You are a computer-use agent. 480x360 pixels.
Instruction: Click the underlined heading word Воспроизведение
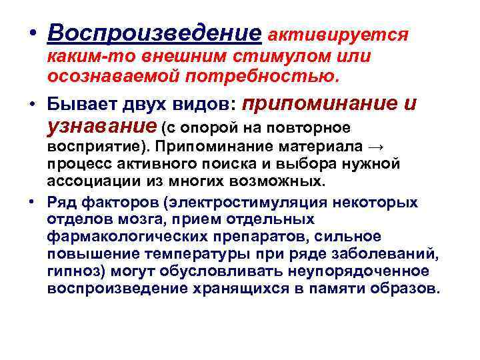(x=155, y=33)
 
